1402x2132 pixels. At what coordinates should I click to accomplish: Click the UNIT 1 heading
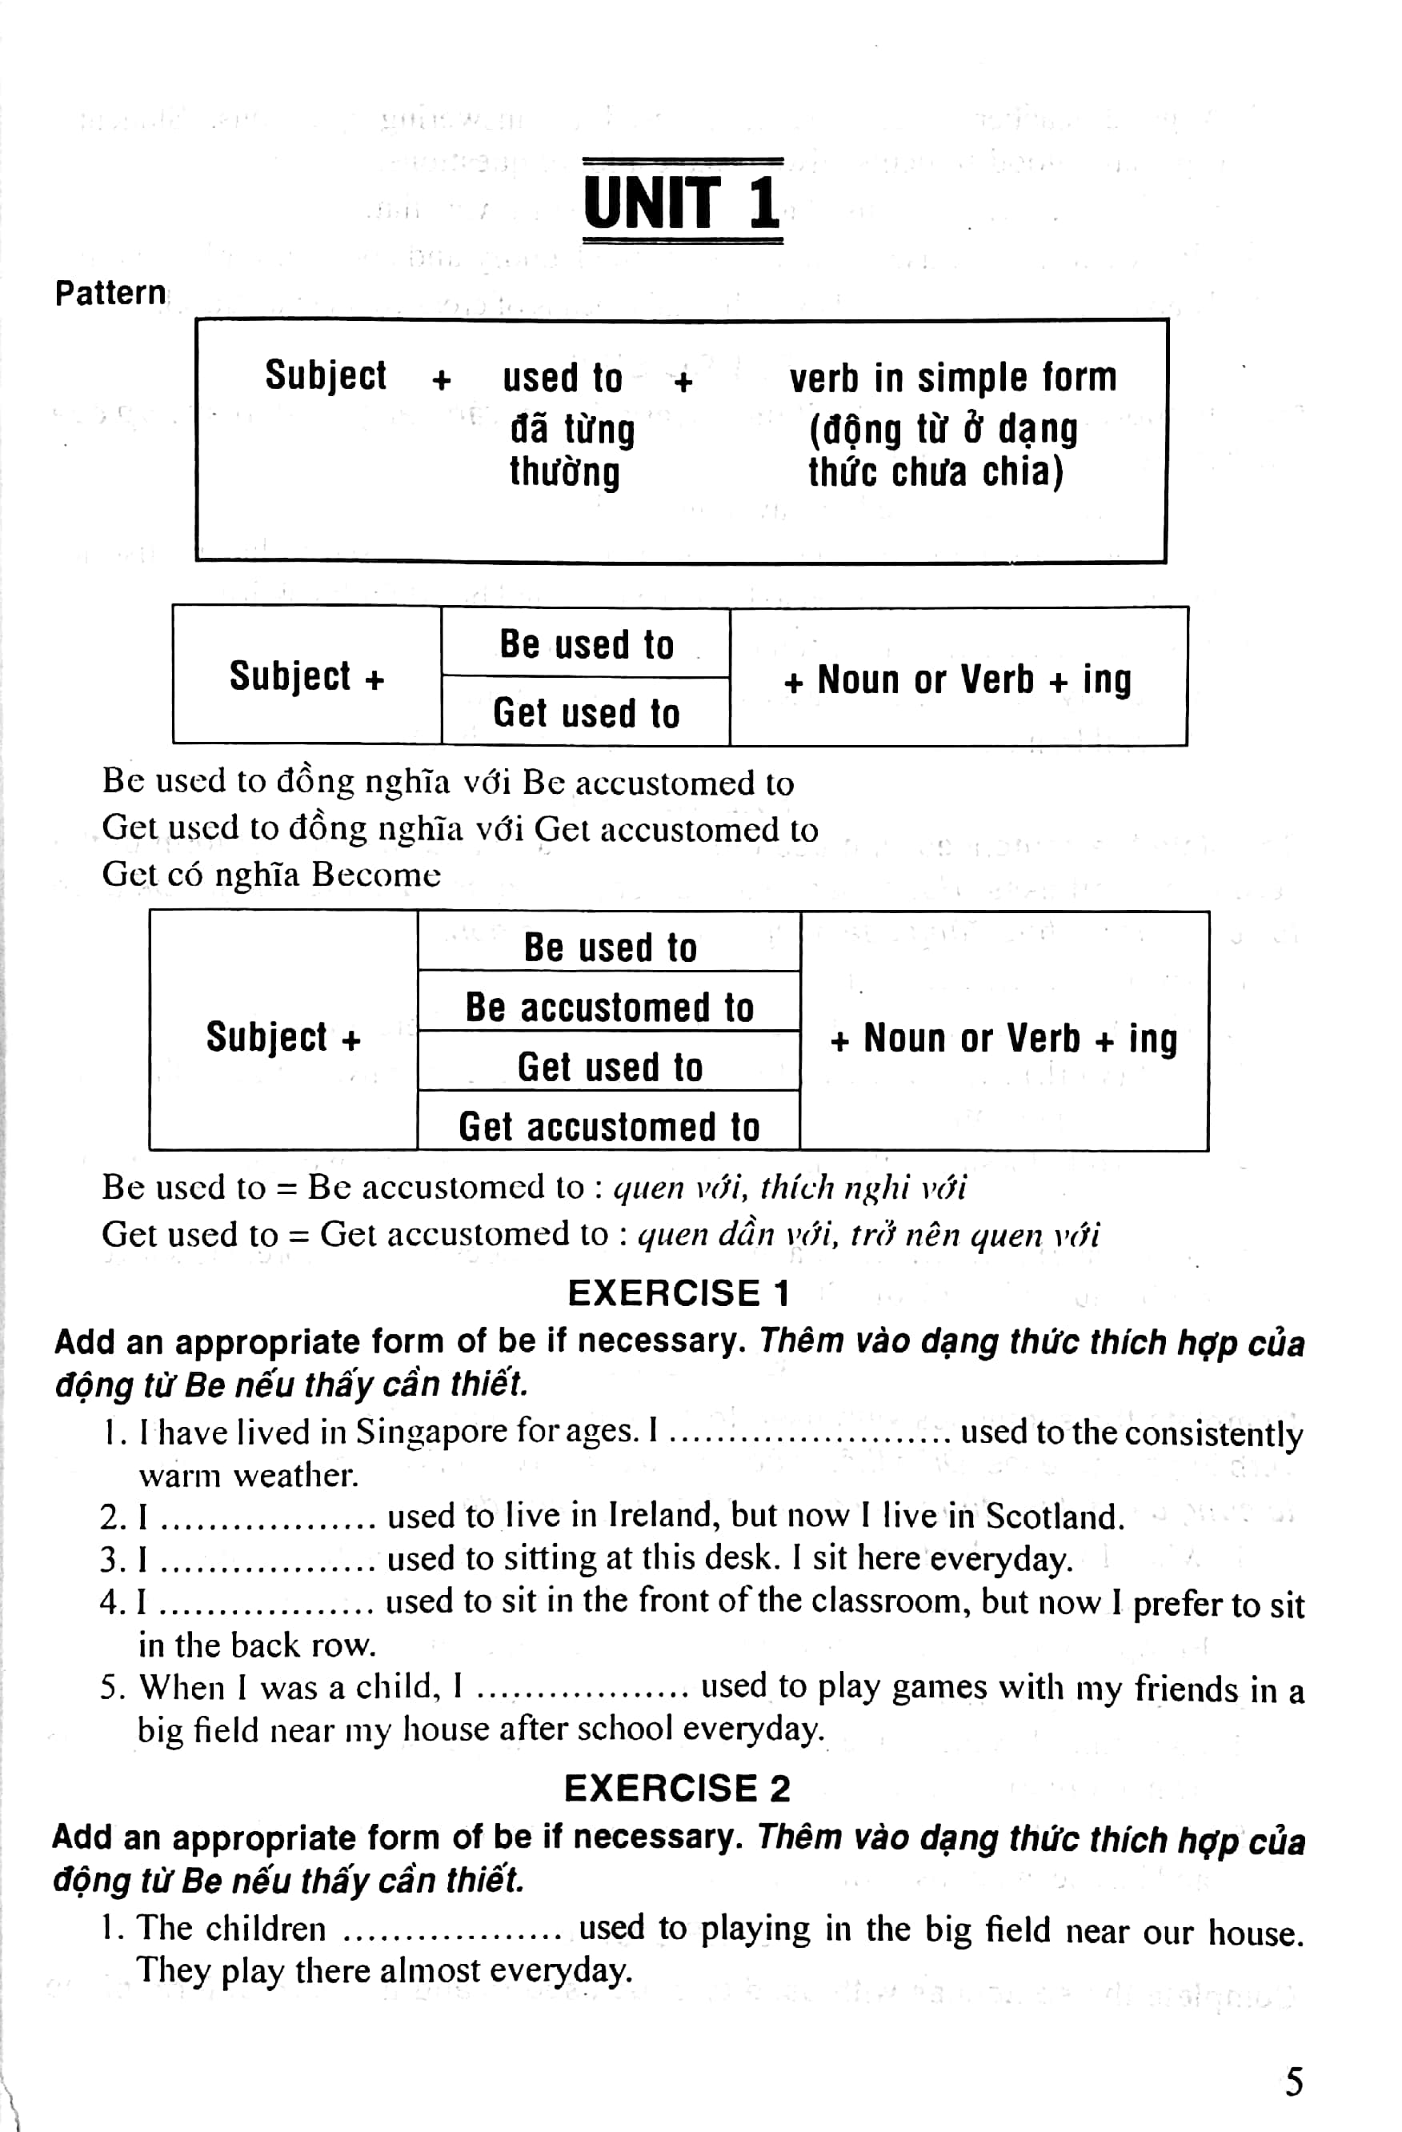tap(682, 202)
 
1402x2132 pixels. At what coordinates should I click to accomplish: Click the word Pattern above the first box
tap(110, 293)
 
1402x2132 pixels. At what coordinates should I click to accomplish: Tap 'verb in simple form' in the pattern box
tap(952, 377)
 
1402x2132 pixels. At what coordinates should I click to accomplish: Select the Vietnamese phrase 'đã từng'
tap(572, 429)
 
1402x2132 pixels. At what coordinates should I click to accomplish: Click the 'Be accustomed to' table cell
tap(609, 1007)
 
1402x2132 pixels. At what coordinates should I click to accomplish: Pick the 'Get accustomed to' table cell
tap(609, 1126)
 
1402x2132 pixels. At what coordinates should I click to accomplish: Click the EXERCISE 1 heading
tap(678, 1292)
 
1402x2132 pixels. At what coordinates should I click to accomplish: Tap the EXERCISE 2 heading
tap(677, 1788)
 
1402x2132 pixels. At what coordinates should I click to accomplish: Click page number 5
tap(1294, 2081)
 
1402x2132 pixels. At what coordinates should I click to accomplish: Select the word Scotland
tap(1055, 1516)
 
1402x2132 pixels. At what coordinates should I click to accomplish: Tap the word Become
tap(376, 874)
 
